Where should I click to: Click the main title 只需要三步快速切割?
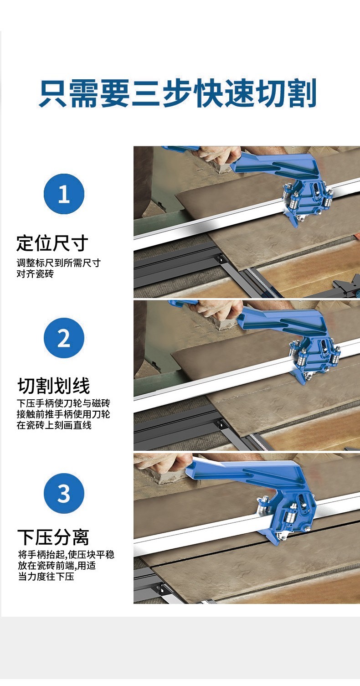tap(178, 93)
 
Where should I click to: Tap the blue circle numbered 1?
tap(64, 194)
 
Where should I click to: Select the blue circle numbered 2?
tap(64, 338)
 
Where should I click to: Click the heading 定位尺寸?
tap(52, 243)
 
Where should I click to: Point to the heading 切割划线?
tap(54, 386)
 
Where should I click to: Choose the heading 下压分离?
tap(53, 537)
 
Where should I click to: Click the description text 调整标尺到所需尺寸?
tap(58, 263)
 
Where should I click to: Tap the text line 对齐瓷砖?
tap(35, 273)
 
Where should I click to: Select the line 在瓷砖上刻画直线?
tap(54, 425)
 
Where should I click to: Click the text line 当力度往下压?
tap(46, 577)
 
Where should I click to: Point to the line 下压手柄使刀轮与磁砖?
tap(63, 403)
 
